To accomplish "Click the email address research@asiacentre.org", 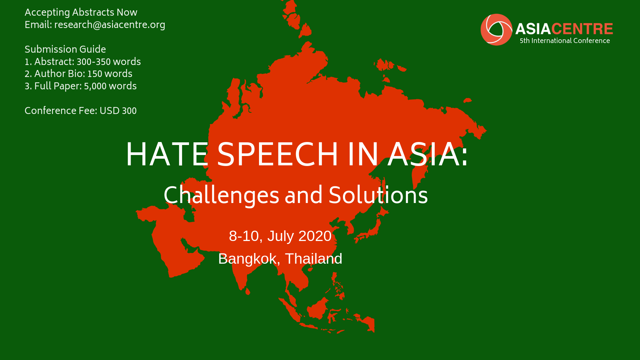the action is [x=110, y=25].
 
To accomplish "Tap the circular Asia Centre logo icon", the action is [x=496, y=30].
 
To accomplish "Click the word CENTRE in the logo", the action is [x=582, y=29].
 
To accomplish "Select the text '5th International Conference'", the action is [x=565, y=41].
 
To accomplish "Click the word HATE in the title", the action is [x=167, y=154].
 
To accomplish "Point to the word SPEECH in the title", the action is [x=278, y=154].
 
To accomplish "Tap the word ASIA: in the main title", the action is [x=427, y=154].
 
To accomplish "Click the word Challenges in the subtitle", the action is [x=221, y=195].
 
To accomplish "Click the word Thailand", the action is [x=313, y=259].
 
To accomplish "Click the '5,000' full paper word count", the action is [x=95, y=86].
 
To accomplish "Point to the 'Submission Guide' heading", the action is [x=65, y=49].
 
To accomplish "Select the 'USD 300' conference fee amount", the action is [x=118, y=111].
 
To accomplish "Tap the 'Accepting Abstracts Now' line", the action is [x=81, y=12].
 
